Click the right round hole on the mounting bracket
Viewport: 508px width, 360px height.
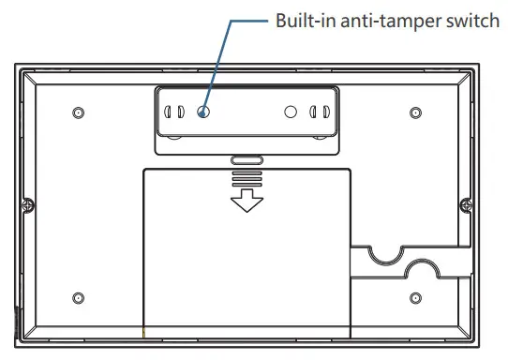point(291,112)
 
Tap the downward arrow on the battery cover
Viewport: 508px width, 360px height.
point(247,199)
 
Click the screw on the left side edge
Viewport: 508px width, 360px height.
point(30,205)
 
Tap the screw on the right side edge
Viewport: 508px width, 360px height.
point(463,205)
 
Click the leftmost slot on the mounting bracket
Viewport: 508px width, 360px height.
point(169,112)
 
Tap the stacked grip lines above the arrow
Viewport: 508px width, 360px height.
point(247,176)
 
